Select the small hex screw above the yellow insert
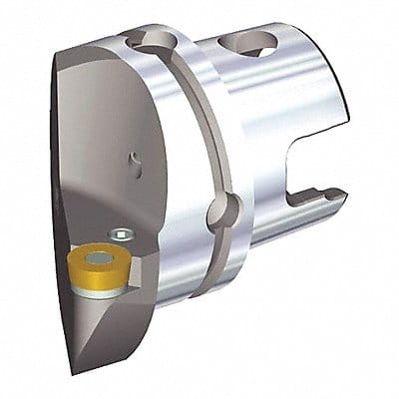click(121, 235)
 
